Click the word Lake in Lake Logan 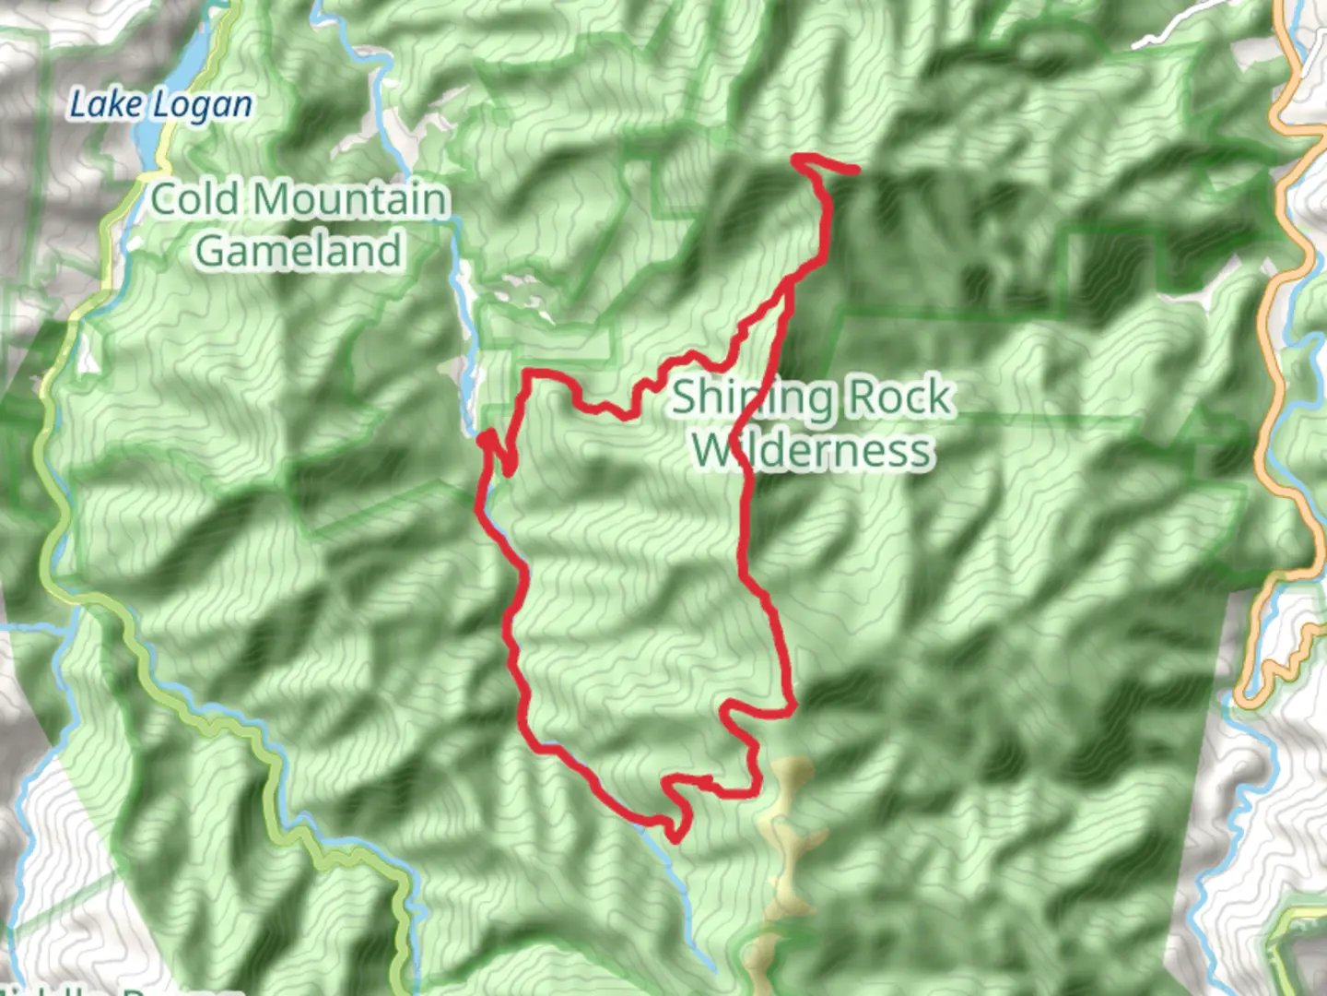point(103,104)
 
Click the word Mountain point(349,200)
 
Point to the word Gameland point(299,251)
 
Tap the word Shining point(752,397)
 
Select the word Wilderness point(812,450)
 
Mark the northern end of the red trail point(855,170)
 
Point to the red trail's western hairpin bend point(483,435)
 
